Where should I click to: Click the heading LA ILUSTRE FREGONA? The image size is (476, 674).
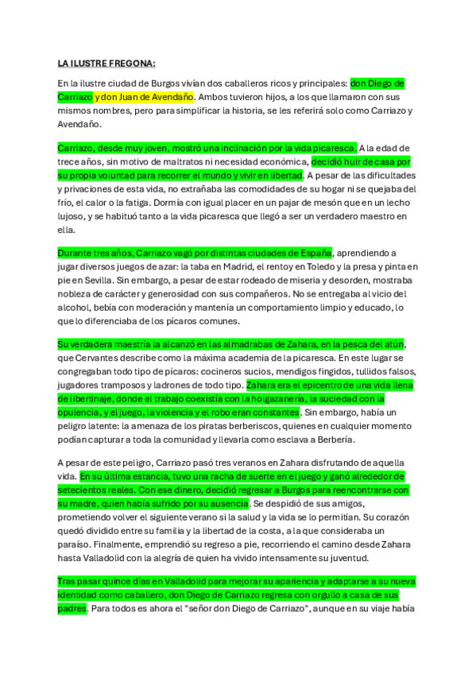pos(106,63)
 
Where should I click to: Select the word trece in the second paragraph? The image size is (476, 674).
pos(70,162)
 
